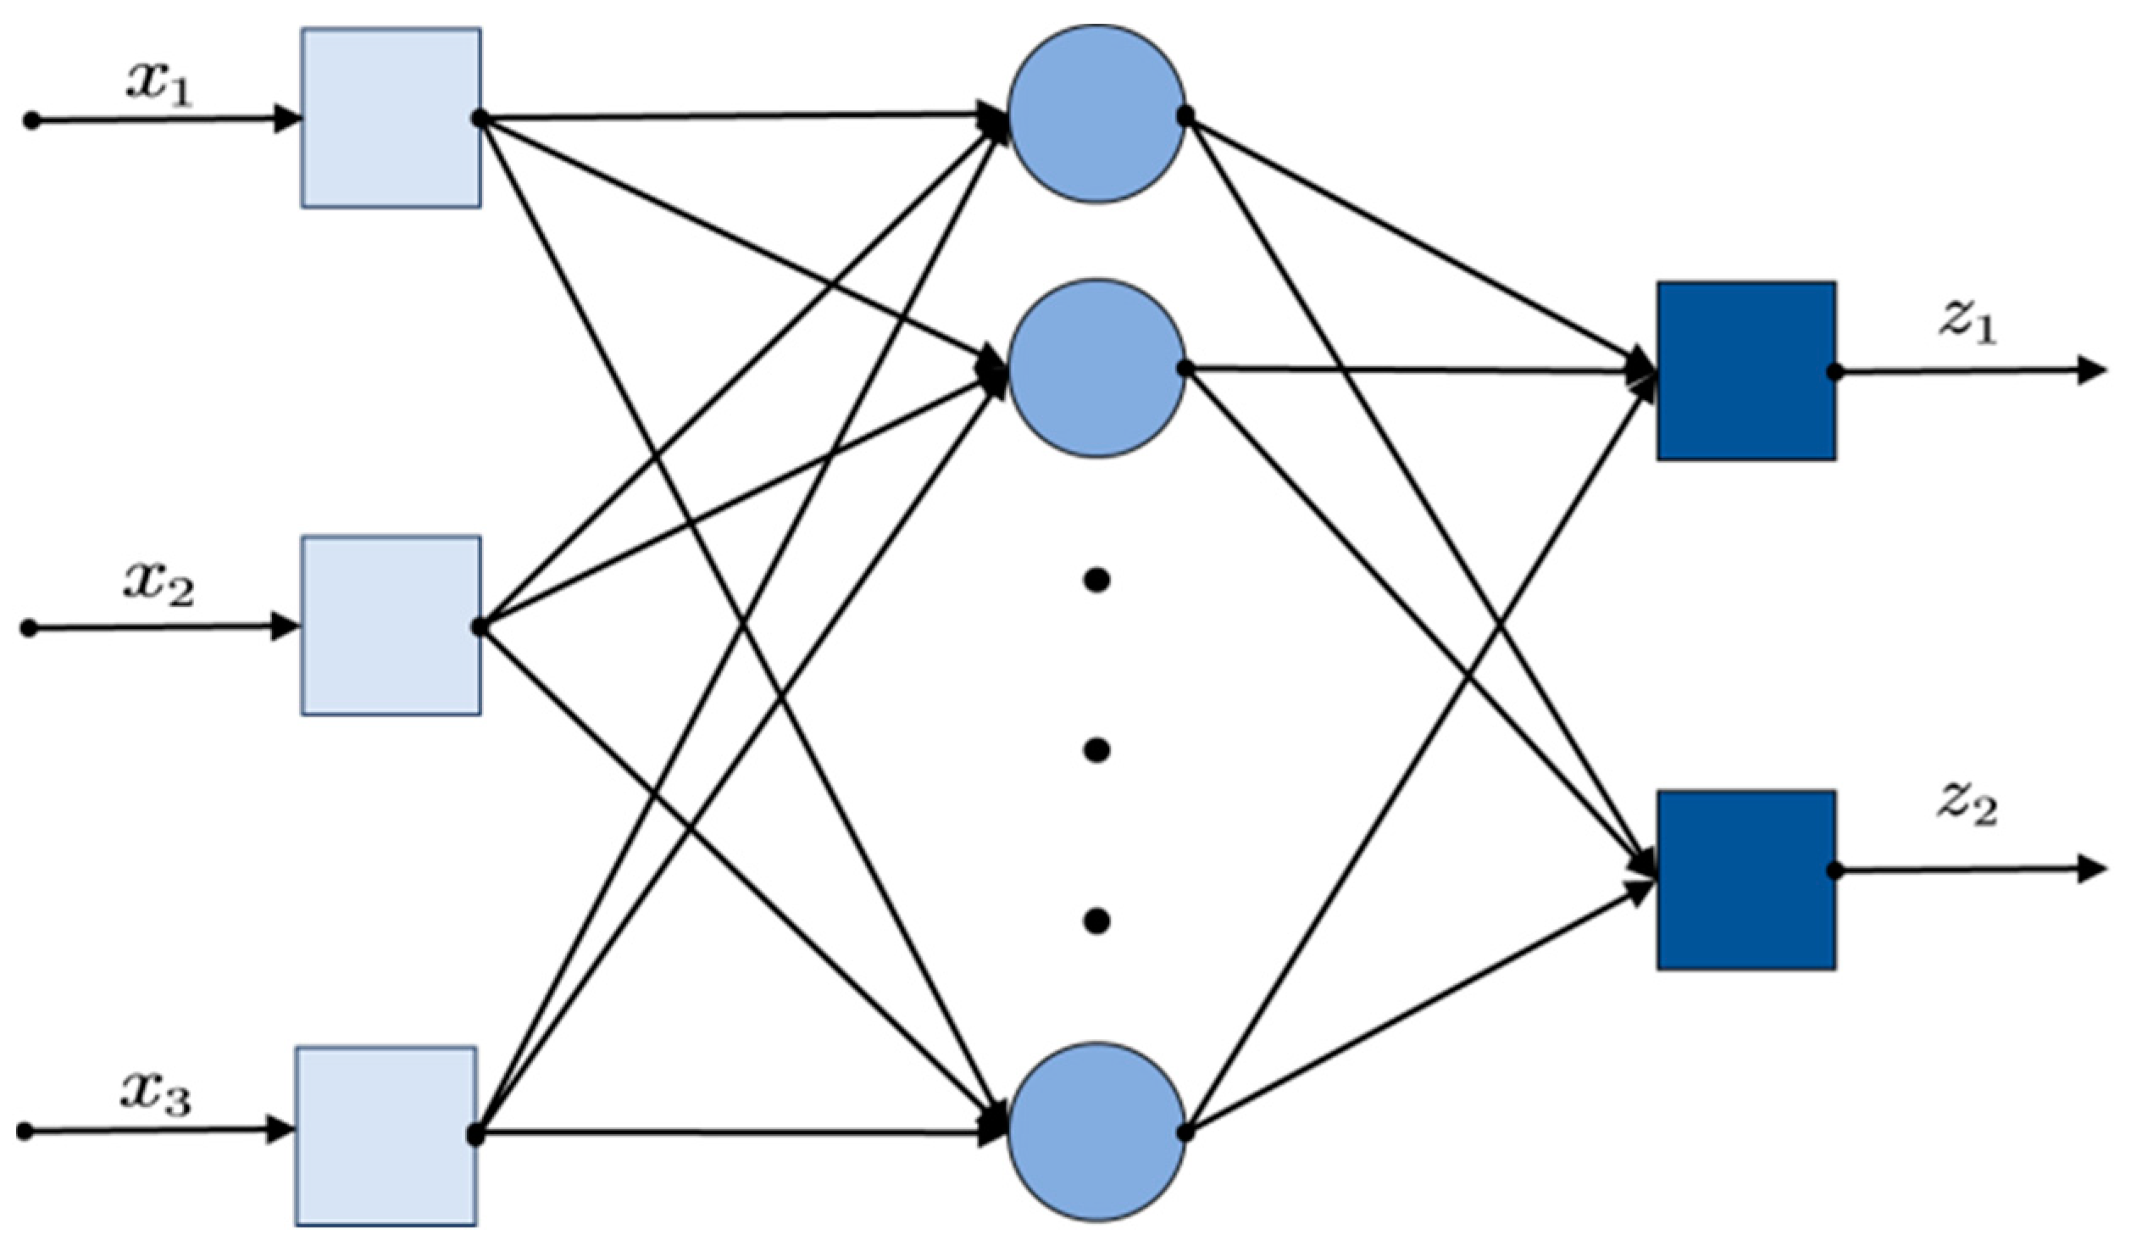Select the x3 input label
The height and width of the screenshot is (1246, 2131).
click(156, 1095)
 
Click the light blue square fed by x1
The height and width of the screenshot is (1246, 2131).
click(391, 118)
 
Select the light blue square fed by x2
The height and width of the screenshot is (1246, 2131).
click(391, 626)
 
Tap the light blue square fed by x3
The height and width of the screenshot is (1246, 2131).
click(386, 1136)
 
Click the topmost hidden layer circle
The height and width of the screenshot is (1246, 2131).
click(1096, 114)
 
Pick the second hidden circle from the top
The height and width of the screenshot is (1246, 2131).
click(1096, 369)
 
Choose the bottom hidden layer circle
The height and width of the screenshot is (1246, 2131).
click(1096, 1131)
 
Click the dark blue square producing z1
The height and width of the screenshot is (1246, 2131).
click(1746, 371)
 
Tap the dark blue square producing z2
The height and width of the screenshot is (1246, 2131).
click(1746, 880)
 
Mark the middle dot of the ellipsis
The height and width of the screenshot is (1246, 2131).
click(1096, 750)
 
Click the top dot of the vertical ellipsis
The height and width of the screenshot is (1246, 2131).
click(1096, 581)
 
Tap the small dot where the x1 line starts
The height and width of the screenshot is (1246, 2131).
click(31, 121)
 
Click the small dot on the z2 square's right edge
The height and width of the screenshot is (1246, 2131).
click(1834, 871)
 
